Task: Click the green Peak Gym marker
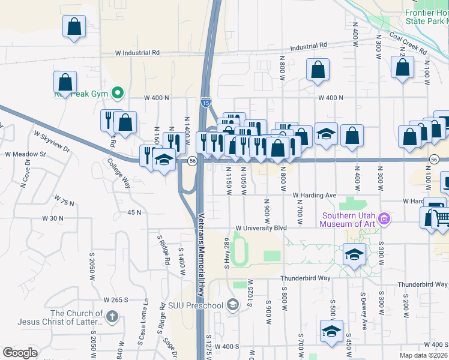[118, 93]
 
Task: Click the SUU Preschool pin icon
[234, 305]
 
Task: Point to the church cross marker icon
[112, 316]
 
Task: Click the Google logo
[20, 353]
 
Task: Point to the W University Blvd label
[261, 228]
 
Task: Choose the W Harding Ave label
[315, 196]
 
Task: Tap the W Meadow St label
[25, 154]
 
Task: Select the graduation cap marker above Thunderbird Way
[354, 254]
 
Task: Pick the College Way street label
[119, 173]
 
